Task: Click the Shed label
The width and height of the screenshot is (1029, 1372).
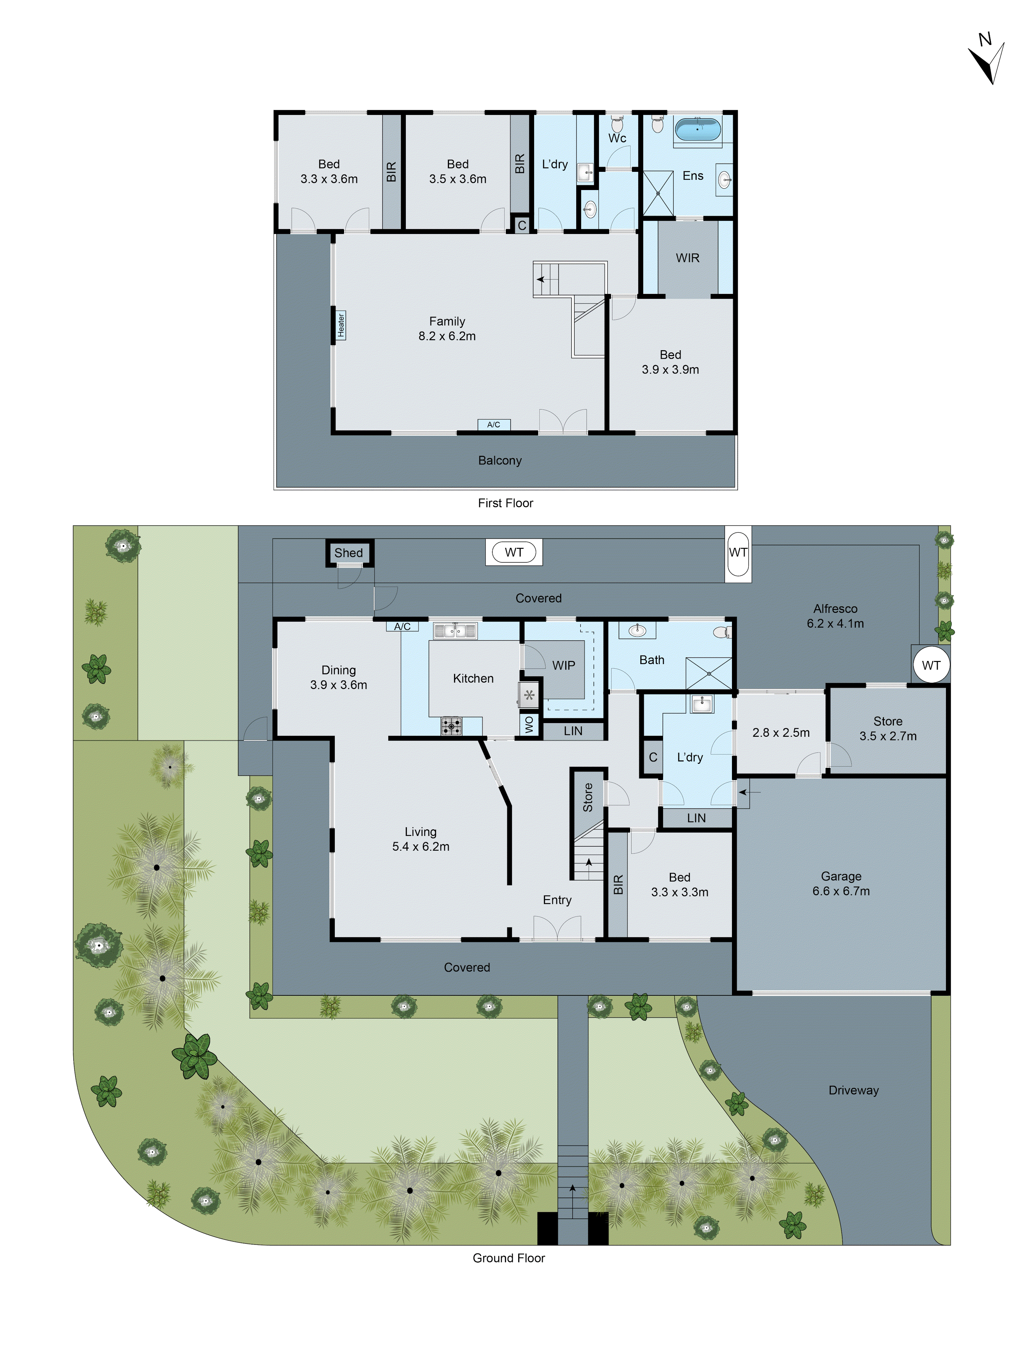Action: [348, 553]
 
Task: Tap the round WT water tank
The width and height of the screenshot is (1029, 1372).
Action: [931, 665]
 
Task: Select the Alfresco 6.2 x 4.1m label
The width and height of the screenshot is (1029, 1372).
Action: [836, 616]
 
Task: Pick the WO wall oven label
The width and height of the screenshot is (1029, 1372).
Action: [529, 724]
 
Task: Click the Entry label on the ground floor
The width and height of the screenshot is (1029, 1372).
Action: [557, 900]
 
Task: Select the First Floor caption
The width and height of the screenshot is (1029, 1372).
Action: [506, 503]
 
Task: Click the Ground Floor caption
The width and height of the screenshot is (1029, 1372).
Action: [509, 1258]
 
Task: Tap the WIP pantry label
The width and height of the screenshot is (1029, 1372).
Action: [563, 665]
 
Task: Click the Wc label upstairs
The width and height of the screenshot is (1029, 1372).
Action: [617, 138]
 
